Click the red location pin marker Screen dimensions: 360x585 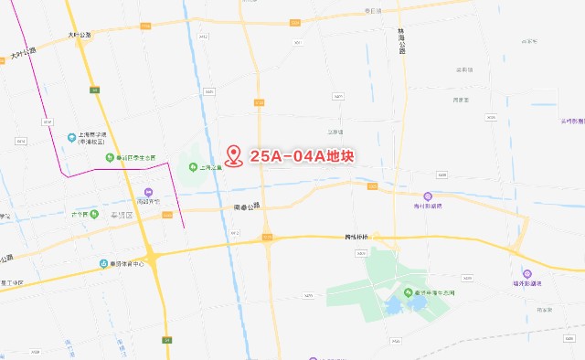235,156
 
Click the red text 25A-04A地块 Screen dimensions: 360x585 301,157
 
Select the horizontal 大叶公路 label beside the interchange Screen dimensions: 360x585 80,35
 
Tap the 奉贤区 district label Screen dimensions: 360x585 122,215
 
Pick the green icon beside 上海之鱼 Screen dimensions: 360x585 193,167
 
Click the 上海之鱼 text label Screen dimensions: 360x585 211,167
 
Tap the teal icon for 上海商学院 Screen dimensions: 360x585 69,137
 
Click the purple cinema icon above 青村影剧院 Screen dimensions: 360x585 427,196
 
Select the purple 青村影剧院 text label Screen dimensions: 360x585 428,206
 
